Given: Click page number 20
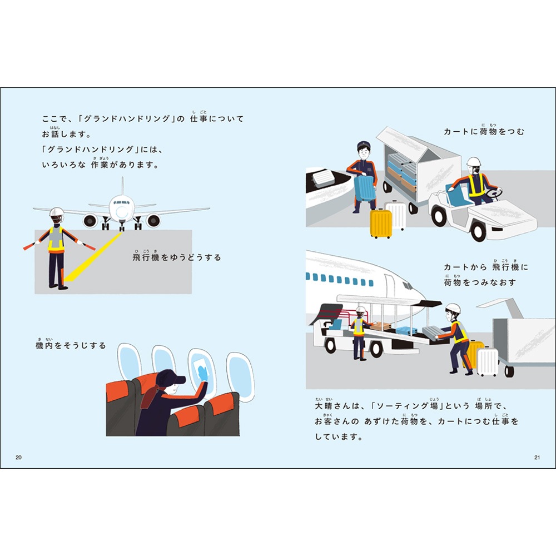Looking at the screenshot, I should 18,457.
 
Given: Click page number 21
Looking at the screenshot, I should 537,457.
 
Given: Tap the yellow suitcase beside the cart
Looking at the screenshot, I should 381,223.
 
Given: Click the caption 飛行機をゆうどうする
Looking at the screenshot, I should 177,257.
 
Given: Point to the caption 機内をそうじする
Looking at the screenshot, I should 70,345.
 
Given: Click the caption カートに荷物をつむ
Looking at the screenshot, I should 484,132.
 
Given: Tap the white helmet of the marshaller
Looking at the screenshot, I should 56,213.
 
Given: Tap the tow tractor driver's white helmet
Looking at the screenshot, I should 473,163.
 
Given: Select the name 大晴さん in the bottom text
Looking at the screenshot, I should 332,406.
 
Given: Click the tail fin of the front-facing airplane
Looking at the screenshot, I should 122,186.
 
